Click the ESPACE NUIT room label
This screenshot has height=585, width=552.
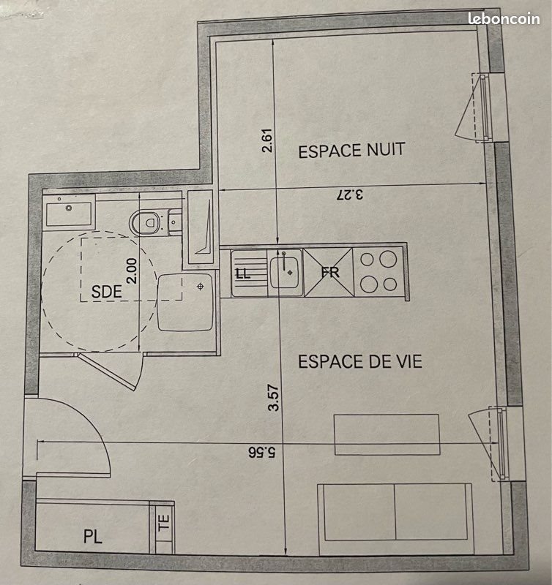pos(351,151)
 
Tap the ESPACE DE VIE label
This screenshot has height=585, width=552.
pos(359,361)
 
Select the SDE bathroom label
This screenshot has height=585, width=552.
pos(106,290)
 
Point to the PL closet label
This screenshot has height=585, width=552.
pos(92,537)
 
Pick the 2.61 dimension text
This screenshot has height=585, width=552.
pos(267,141)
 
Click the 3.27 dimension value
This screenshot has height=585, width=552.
pos(350,195)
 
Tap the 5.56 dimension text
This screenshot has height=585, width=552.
pos(261,451)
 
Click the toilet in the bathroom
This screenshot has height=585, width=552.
pos(148,220)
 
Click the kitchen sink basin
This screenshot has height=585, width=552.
pos(284,271)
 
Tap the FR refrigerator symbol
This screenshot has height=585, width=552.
pos(327,272)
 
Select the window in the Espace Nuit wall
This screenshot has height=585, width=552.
pos(483,108)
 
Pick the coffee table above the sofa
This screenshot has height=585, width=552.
pos(387,434)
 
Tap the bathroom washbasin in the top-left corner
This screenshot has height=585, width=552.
pos(69,213)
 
